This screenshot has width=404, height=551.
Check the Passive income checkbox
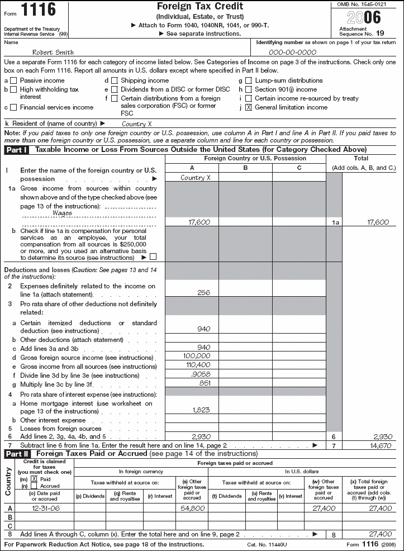14,80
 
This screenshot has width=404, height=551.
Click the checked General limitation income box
249,107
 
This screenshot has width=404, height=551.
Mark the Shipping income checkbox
115,80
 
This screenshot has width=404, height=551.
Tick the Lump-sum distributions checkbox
249,80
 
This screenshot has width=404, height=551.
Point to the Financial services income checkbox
14,107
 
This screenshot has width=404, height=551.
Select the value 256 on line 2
204,292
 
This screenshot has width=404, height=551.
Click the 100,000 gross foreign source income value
197,355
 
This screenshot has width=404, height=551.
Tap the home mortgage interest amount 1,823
201,409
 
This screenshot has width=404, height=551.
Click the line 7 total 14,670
378,445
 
